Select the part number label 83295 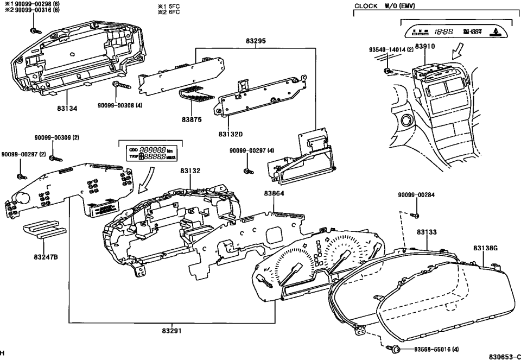[256, 40]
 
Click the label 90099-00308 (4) [120, 105]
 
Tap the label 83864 [275, 193]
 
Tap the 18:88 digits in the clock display [443, 32]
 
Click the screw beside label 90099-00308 [119, 86]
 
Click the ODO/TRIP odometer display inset [150, 153]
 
